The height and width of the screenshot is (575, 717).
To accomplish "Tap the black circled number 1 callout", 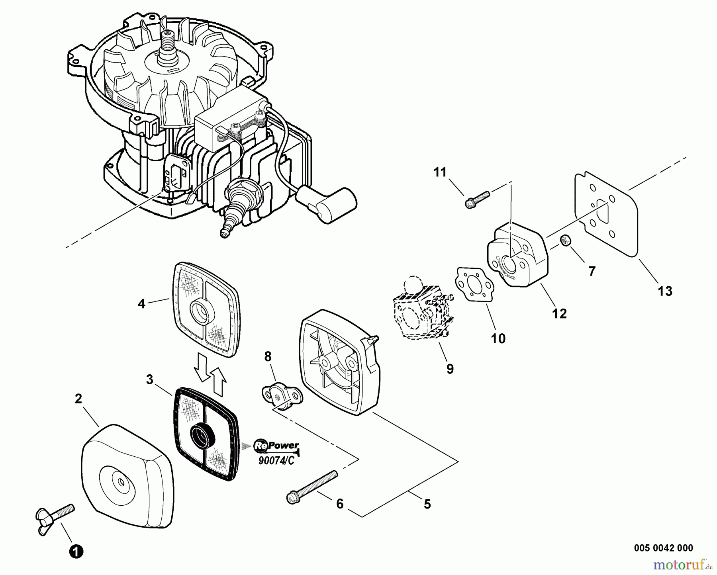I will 76,552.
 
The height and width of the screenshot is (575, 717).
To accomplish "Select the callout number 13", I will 665,291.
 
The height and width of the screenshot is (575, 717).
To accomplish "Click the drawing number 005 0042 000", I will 663,548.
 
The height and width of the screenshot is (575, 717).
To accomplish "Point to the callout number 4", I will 141,304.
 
